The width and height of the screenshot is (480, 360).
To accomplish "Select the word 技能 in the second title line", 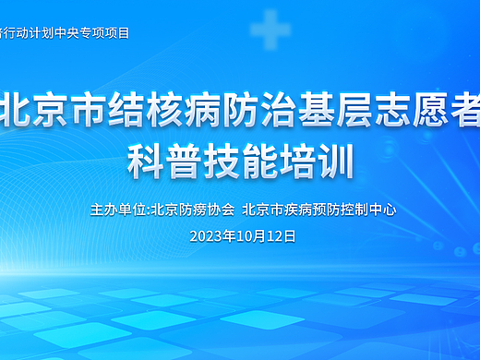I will (240, 162).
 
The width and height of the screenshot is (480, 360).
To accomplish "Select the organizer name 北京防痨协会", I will (192, 210).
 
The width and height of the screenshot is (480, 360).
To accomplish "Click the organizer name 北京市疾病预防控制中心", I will (318, 210).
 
